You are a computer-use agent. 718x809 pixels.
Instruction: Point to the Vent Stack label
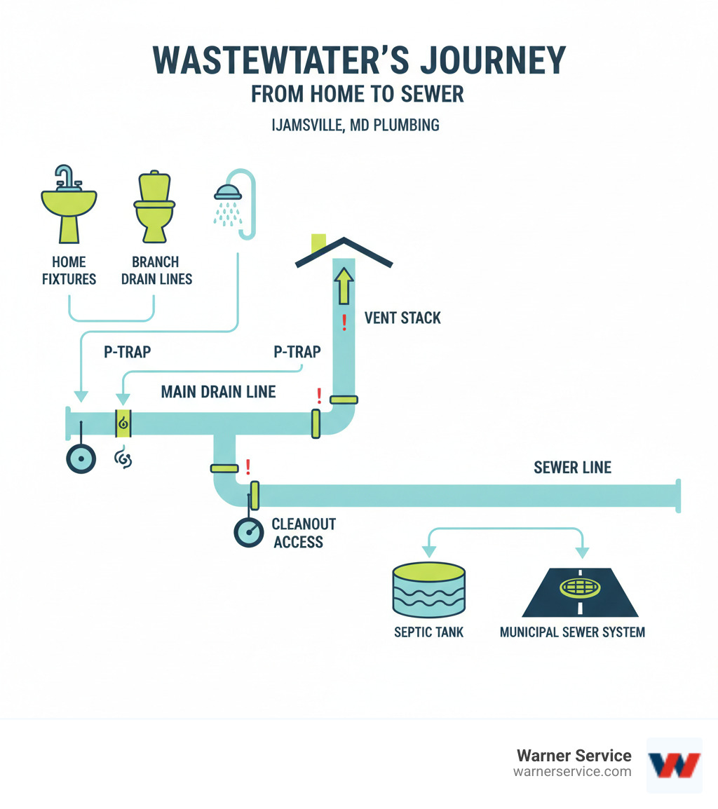[402, 318]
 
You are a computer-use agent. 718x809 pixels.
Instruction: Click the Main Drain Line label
[218, 392]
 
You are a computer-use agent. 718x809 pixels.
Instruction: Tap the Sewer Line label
[572, 468]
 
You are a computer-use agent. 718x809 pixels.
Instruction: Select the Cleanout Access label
[304, 533]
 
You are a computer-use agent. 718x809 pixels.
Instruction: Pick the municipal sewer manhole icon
[573, 587]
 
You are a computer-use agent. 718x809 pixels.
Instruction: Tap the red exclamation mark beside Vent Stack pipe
[344, 323]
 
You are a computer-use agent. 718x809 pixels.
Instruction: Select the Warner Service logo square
[674, 765]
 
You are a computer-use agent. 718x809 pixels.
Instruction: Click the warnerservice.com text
[572, 771]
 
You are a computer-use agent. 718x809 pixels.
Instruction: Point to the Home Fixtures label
[69, 270]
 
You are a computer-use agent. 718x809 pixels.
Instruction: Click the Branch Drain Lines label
[162, 270]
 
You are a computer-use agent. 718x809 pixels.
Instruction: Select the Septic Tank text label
[428, 632]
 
